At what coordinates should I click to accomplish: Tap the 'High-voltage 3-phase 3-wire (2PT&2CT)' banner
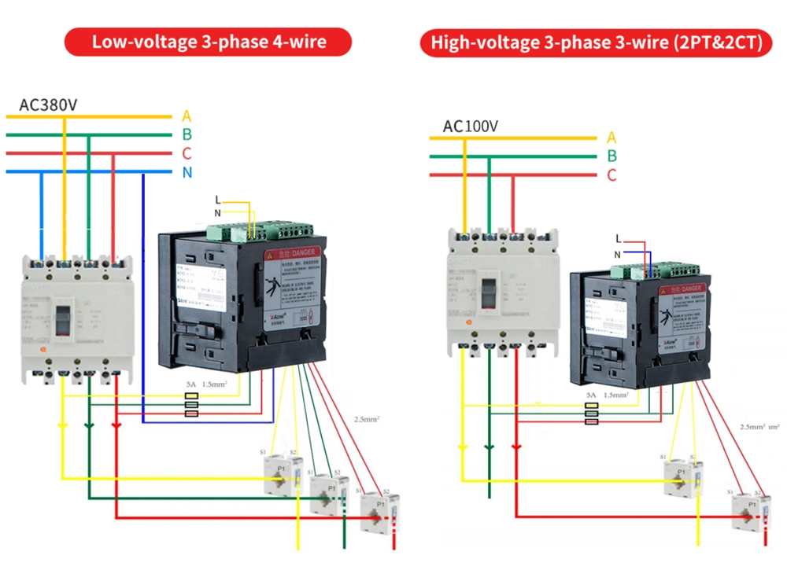tap(597, 42)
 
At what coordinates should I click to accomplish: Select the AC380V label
tap(49, 104)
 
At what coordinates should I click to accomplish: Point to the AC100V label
tap(470, 126)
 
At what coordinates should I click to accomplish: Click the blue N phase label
tap(187, 172)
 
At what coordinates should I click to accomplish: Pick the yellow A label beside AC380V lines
tap(187, 116)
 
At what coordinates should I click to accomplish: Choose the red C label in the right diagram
tap(611, 175)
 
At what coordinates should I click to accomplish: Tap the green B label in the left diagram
tap(187, 135)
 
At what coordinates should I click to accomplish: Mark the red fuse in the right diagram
tap(591, 421)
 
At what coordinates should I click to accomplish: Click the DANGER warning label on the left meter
tap(293, 254)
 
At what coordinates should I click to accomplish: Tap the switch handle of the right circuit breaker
tap(490, 294)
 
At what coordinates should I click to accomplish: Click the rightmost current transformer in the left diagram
tap(379, 511)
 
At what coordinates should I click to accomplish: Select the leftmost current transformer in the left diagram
tap(282, 474)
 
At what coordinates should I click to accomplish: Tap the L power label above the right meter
tap(619, 238)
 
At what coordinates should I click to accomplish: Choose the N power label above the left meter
tap(218, 212)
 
